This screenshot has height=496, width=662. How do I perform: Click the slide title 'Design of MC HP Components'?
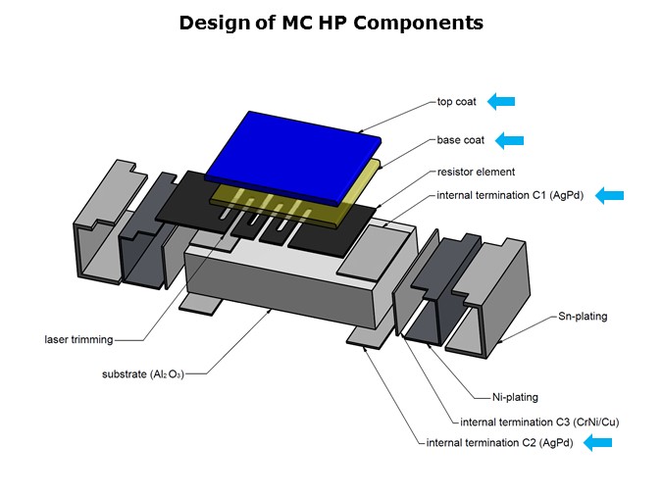(x=331, y=23)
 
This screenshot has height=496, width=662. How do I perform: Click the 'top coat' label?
(x=456, y=101)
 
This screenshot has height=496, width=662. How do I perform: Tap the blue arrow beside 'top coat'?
(x=501, y=101)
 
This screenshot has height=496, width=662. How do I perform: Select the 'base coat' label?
(x=461, y=140)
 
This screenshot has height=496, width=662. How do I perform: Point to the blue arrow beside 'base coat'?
(x=509, y=140)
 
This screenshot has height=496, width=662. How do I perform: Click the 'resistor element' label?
(x=476, y=173)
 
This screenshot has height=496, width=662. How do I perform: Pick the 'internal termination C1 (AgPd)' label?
(x=510, y=195)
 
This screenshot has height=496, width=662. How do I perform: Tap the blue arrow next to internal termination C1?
(x=609, y=195)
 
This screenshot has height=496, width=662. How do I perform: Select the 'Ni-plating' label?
(x=515, y=397)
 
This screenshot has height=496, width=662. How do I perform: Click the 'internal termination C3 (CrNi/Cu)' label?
(x=539, y=422)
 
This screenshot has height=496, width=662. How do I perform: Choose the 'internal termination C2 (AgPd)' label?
(x=500, y=443)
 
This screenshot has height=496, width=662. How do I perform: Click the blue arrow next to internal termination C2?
(x=597, y=443)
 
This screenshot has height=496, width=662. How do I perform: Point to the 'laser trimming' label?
(x=78, y=340)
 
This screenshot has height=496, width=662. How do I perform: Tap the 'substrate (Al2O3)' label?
(x=143, y=374)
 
